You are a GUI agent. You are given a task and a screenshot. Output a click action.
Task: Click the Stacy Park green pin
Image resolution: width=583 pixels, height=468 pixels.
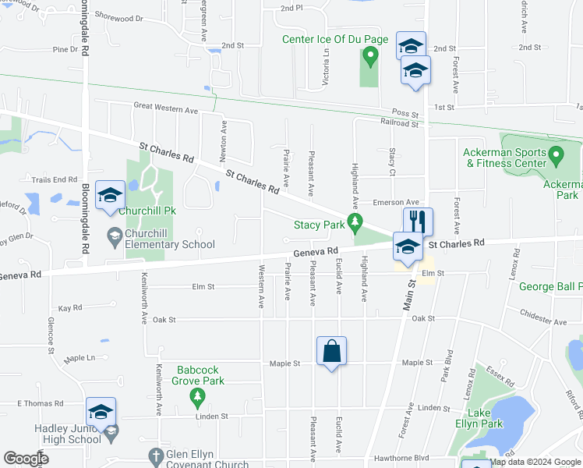coord(356,225)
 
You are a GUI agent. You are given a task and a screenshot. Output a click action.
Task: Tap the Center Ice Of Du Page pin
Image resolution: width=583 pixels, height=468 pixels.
coord(371,55)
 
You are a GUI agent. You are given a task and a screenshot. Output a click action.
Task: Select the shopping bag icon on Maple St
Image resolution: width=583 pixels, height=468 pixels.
coord(332,350)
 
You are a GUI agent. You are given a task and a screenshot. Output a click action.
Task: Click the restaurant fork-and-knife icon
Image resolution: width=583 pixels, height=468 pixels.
coord(418,222)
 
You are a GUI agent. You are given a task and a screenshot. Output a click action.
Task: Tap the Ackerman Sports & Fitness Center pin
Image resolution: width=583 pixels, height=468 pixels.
coord(556,155)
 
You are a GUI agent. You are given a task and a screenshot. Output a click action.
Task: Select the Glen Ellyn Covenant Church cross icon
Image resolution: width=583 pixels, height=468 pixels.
coord(155,455)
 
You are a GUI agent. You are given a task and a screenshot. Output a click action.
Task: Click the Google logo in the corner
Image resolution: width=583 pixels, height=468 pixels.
coord(26,459)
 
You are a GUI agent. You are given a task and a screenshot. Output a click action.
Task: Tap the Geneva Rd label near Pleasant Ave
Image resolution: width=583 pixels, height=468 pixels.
coord(316,251)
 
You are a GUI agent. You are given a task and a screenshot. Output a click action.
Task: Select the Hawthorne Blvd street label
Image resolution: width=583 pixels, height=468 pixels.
coord(402,458)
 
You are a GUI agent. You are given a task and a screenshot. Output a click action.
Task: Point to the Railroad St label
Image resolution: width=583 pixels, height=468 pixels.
coord(394,123)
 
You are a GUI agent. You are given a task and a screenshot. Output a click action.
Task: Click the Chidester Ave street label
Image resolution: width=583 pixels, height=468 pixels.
coord(543,321)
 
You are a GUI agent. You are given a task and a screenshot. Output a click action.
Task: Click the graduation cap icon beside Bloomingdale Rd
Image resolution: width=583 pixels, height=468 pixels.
coord(110,196)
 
